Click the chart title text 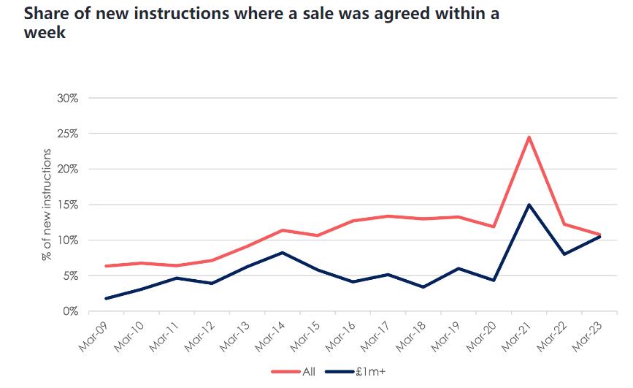click(x=253, y=24)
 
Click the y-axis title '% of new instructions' click(x=47, y=205)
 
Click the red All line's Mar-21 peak click(x=529, y=137)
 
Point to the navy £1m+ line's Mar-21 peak click(x=529, y=205)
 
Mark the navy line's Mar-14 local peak click(x=282, y=253)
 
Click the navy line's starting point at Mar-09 click(x=107, y=298)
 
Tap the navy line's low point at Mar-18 click(x=423, y=287)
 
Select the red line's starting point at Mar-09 click(x=107, y=266)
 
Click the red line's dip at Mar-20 click(x=494, y=227)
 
